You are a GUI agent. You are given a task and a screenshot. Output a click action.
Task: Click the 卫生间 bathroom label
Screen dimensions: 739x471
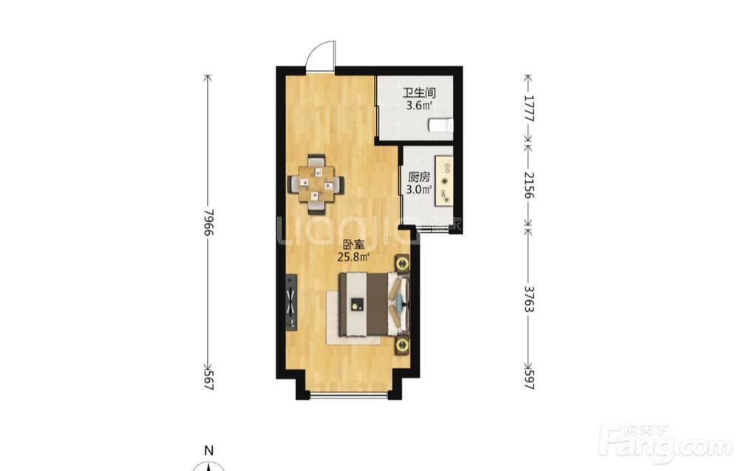pos(418,93)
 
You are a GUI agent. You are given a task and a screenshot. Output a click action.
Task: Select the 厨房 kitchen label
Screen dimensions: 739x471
pos(419,177)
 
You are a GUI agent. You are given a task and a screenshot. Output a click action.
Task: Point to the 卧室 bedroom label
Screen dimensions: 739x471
pos(353,245)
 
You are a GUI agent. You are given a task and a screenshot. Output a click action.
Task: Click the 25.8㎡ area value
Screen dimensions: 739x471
pos(353,257)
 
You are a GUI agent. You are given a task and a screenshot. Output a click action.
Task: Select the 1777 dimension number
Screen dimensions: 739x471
pos(529,109)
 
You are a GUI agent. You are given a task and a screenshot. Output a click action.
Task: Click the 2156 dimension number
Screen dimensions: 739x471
pos(529,185)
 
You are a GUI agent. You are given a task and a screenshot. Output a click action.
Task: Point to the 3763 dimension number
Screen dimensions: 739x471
pos(529,299)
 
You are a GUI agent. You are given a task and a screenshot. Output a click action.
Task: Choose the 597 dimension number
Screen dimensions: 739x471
pos(529,379)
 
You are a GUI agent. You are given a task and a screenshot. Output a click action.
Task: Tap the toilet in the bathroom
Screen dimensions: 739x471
pos(440,126)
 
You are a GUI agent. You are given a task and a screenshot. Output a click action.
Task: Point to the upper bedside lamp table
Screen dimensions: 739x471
pos(402,263)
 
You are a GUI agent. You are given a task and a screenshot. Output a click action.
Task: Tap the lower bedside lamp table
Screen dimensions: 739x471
pos(402,345)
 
